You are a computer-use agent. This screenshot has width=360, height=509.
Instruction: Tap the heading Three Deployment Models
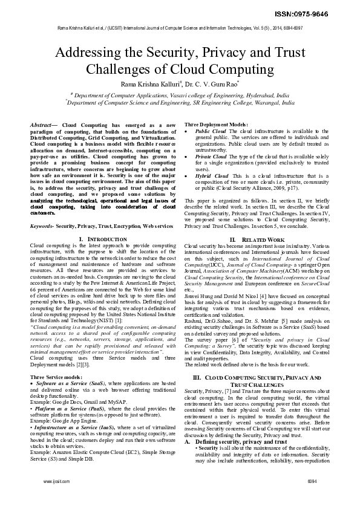(x=215, y=124)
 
